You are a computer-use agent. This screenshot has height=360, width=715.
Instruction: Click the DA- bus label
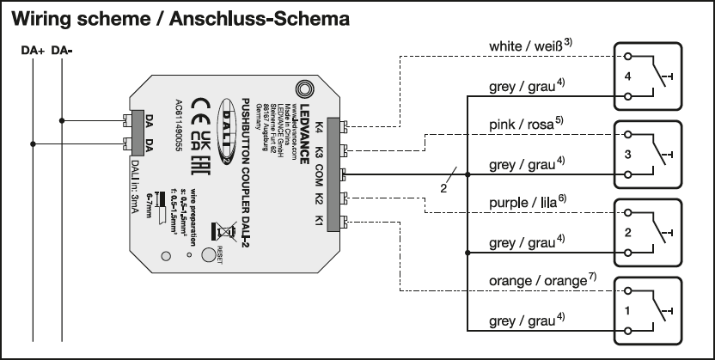pos(62,51)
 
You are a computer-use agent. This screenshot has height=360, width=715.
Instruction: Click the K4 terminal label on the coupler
pos(317,129)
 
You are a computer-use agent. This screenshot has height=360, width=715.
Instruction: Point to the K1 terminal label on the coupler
pos(317,223)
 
